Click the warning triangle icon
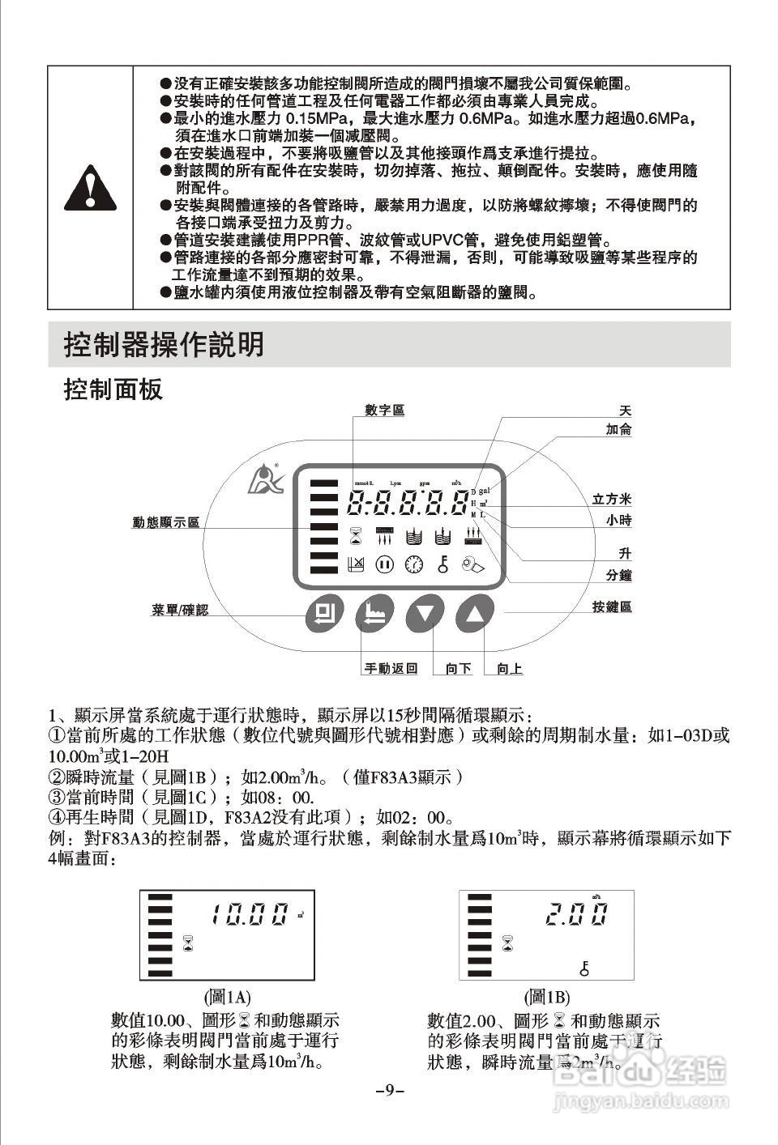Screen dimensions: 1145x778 [90, 188]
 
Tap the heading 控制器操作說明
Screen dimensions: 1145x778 [164, 345]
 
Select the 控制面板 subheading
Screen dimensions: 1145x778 [113, 389]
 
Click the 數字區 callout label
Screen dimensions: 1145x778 [384, 411]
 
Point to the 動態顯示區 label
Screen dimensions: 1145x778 [166, 522]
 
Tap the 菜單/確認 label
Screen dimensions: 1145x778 [180, 609]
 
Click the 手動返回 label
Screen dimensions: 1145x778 [391, 668]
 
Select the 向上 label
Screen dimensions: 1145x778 [510, 668]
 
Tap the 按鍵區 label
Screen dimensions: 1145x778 [612, 607]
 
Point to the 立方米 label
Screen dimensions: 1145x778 [612, 500]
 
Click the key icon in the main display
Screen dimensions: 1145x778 [442, 564]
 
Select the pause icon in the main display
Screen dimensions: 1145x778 [384, 564]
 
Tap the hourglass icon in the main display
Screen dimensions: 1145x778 [355, 535]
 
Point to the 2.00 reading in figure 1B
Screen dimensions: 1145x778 [576, 915]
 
